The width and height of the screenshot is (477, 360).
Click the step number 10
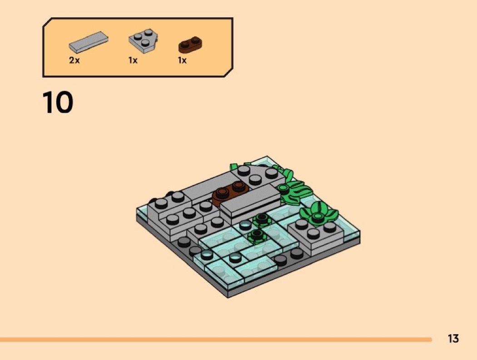(58, 102)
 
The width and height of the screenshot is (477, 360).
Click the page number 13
(453, 338)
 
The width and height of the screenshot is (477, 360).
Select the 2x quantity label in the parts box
(74, 60)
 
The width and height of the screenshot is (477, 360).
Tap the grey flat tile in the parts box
(89, 42)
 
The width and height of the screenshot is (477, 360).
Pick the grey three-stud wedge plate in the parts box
(143, 41)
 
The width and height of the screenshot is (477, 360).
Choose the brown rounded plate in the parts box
(190, 44)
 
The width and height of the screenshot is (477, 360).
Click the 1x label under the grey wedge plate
(133, 60)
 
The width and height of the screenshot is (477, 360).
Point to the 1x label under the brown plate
(182, 60)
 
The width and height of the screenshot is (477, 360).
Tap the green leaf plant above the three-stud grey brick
(318, 213)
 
